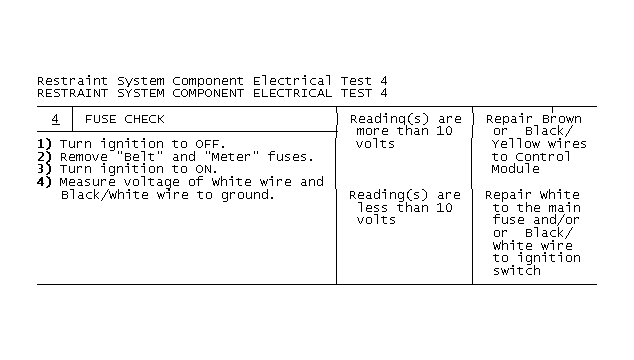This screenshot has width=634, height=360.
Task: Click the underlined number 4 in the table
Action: click(x=55, y=119)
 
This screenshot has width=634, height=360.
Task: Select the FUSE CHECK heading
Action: click(x=125, y=119)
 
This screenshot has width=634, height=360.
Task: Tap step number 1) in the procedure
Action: click(x=44, y=144)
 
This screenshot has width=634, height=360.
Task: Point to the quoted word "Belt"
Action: click(x=139, y=157)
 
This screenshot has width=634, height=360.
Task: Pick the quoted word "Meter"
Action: click(x=231, y=157)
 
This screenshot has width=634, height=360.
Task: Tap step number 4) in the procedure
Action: click(x=44, y=182)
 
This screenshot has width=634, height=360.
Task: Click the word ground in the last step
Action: click(x=244, y=195)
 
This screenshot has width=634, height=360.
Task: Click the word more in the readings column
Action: click(x=372, y=131)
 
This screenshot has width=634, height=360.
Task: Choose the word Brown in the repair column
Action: click(x=562, y=119)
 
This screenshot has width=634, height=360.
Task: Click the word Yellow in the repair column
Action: click(x=516, y=144)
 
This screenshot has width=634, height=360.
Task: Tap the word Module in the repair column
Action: click(x=516, y=169)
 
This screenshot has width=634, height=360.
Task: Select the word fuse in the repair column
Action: click(x=508, y=220)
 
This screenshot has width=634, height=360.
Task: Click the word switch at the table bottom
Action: click(x=517, y=271)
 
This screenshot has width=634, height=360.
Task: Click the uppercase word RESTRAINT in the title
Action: click(x=72, y=93)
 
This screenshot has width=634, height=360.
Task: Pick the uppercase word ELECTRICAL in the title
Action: click(x=292, y=93)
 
